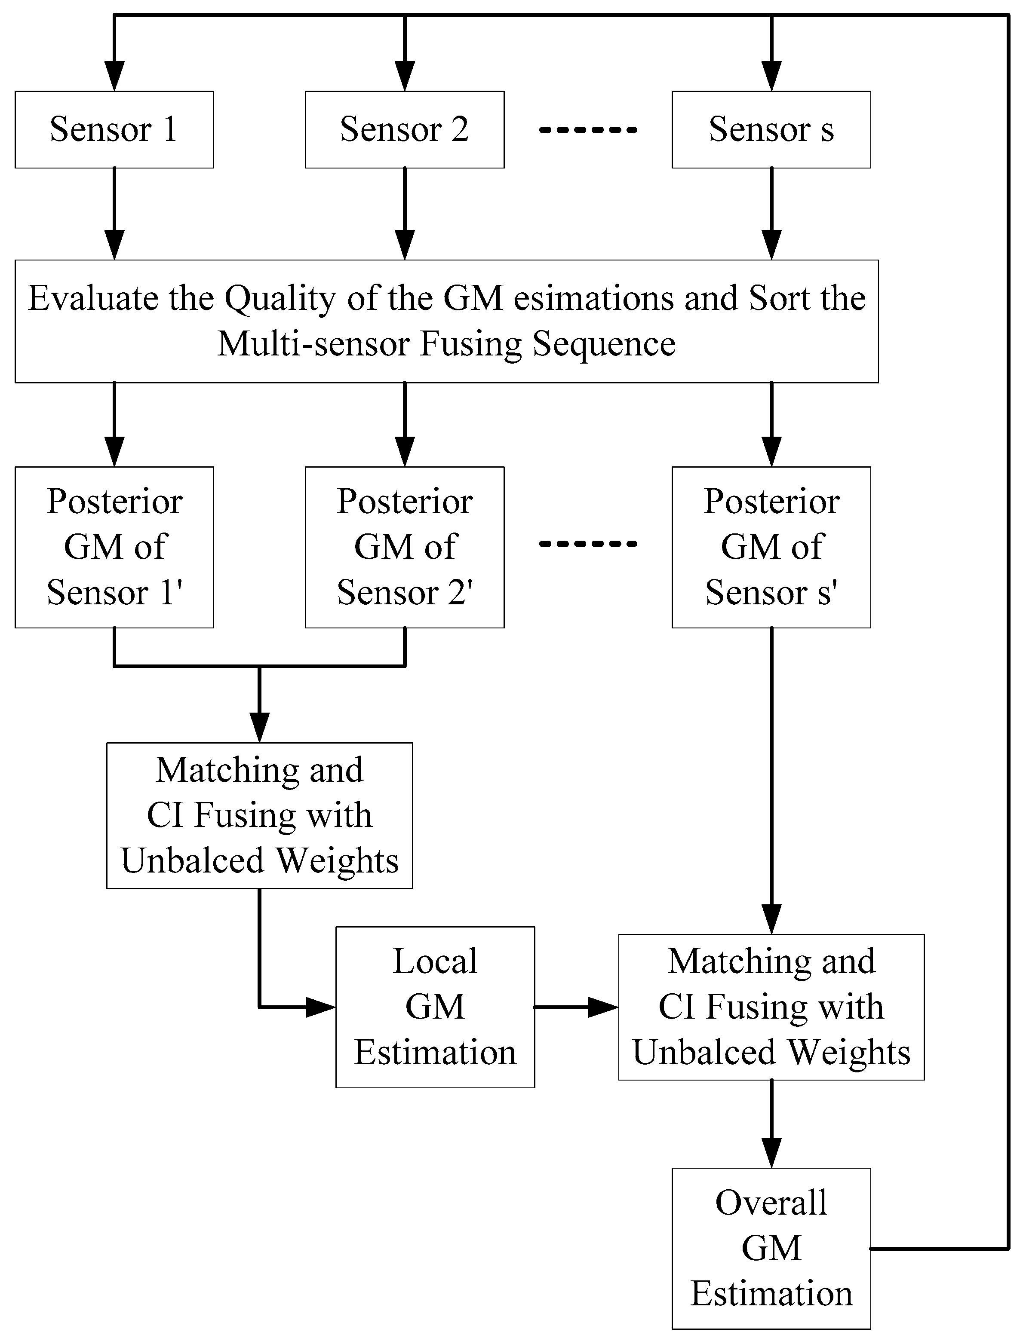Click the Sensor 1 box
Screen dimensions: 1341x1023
coord(114,130)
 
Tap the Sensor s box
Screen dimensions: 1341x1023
coord(771,130)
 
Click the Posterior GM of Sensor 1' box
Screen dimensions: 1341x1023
coord(114,547)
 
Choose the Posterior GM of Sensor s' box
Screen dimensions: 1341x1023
coord(771,547)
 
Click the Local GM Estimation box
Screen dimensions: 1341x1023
coord(435,1007)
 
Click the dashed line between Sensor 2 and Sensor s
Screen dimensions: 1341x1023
coord(588,130)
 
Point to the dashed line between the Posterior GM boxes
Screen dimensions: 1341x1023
coord(588,544)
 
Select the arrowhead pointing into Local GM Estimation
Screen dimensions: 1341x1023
coord(321,1007)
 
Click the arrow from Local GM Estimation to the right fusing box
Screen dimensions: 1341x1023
coord(575,1007)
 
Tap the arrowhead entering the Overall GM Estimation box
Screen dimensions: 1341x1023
coord(771,1154)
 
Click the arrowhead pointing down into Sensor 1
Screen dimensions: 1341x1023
coord(114,77)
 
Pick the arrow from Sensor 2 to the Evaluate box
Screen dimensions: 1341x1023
coord(405,213)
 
